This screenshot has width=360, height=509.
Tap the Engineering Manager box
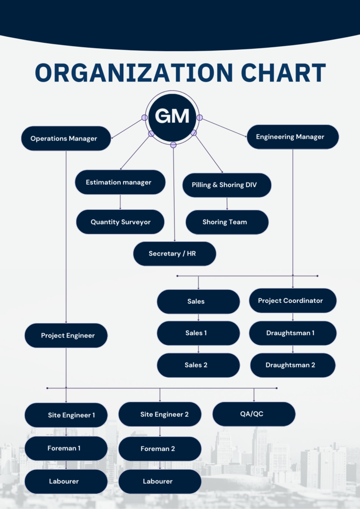292,137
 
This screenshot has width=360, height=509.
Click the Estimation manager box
120,182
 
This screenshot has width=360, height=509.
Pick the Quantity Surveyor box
120,222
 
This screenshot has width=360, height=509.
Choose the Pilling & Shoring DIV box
227,185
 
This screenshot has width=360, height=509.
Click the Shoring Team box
227,222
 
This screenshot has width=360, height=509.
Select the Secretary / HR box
175,254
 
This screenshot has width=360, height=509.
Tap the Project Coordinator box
292,301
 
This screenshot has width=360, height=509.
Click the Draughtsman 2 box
292,365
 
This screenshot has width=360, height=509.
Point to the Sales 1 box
198,333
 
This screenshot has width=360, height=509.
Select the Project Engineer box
66,336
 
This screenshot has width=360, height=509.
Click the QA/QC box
254,415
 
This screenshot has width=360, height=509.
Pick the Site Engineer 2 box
160,415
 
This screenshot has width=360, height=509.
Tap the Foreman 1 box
66,448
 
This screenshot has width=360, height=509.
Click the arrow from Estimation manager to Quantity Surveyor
120,202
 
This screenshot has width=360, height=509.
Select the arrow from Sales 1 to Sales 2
198,349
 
